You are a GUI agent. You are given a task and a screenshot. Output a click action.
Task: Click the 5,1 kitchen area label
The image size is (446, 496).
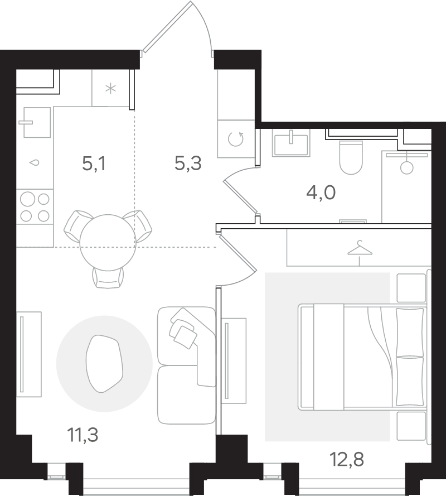tap(94, 164)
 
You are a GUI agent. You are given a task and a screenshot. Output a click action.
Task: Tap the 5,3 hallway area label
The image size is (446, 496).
tap(188, 164)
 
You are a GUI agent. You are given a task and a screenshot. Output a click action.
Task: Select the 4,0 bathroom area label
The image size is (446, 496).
tap(321, 192)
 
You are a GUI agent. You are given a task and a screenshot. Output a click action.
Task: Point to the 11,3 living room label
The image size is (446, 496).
tap(83, 435)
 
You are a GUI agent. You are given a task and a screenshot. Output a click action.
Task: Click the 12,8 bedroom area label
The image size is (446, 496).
tap(347, 459)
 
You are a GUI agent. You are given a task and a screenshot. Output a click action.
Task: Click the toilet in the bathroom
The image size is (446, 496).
tap(351, 157)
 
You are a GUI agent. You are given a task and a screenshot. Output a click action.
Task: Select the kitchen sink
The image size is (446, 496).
tap(37, 122)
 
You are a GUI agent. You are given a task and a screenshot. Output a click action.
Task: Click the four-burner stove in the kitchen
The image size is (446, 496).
tap(35, 207)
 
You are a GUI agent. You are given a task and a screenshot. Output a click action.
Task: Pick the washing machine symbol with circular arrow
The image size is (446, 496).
tap(236, 139)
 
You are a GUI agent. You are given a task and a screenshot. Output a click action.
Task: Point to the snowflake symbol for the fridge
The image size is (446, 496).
tap(110, 89)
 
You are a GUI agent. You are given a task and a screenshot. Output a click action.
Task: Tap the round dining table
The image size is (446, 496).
tap(108, 243)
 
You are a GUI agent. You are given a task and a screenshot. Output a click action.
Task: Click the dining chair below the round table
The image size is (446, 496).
tap(108, 277)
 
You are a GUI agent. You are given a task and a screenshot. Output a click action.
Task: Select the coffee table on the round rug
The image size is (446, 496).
tap(104, 363)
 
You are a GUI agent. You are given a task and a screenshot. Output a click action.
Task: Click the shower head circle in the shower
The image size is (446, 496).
tap(407, 167)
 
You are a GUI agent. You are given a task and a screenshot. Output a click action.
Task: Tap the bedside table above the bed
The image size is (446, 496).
tap(411, 288)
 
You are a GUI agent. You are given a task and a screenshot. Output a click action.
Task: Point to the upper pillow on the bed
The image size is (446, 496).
tap(410, 332)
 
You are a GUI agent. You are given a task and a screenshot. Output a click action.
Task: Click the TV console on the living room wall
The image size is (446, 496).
tap(29, 354)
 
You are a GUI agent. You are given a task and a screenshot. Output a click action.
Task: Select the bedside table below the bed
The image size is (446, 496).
tap(411, 426)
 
